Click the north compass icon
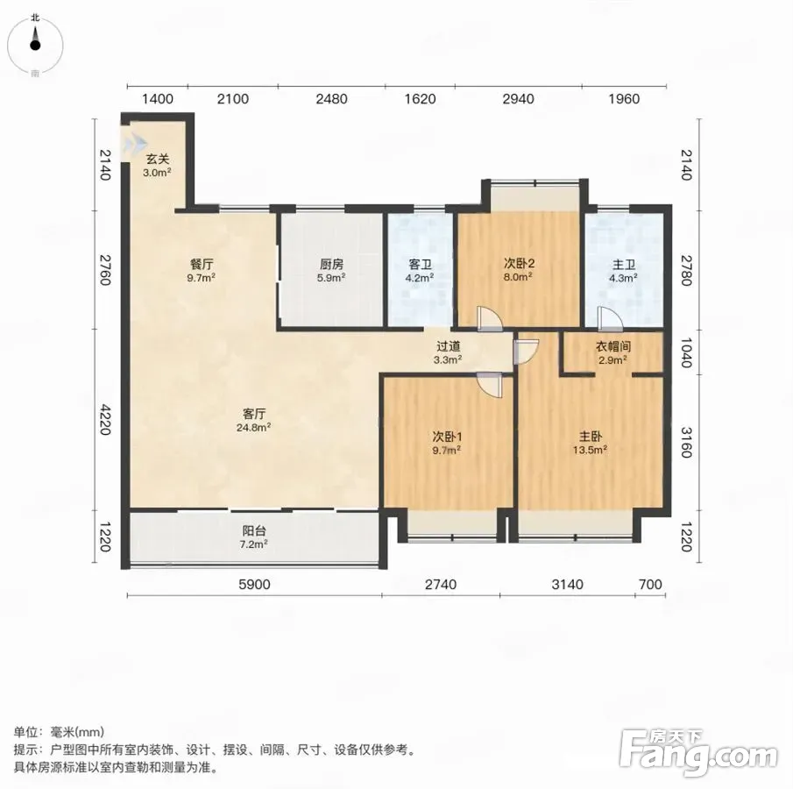35,45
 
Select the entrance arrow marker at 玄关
133,143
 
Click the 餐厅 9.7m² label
202,270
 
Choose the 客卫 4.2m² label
420,270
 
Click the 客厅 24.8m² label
253,420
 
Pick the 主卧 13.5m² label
590,443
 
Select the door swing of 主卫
609,318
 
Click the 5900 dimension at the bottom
254,585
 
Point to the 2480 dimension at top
331,99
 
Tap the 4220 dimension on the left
104,419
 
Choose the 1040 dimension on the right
685,352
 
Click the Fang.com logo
697,754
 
